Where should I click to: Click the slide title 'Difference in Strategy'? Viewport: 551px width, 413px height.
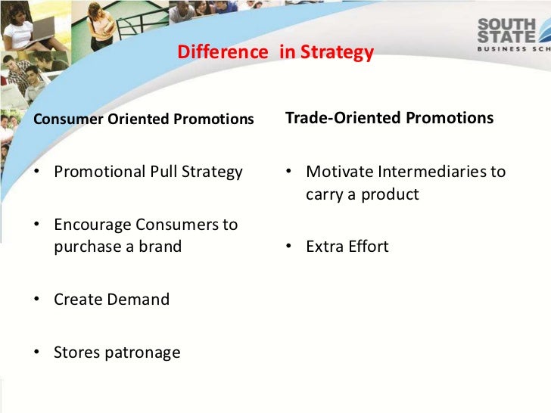275,52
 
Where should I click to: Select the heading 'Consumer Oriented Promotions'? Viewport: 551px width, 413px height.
144,120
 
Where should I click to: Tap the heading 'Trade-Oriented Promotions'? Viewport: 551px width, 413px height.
389,118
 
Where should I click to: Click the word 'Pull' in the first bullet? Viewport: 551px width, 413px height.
160,172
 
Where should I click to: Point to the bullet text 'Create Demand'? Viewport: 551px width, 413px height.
111,300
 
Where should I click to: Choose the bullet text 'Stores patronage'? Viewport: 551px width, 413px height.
117,352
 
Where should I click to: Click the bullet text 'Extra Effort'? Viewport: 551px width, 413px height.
347,247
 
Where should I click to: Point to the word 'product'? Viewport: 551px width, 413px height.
390,194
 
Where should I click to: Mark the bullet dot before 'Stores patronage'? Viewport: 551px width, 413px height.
38,353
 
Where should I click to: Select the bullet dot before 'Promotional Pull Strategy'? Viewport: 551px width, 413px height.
38,172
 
